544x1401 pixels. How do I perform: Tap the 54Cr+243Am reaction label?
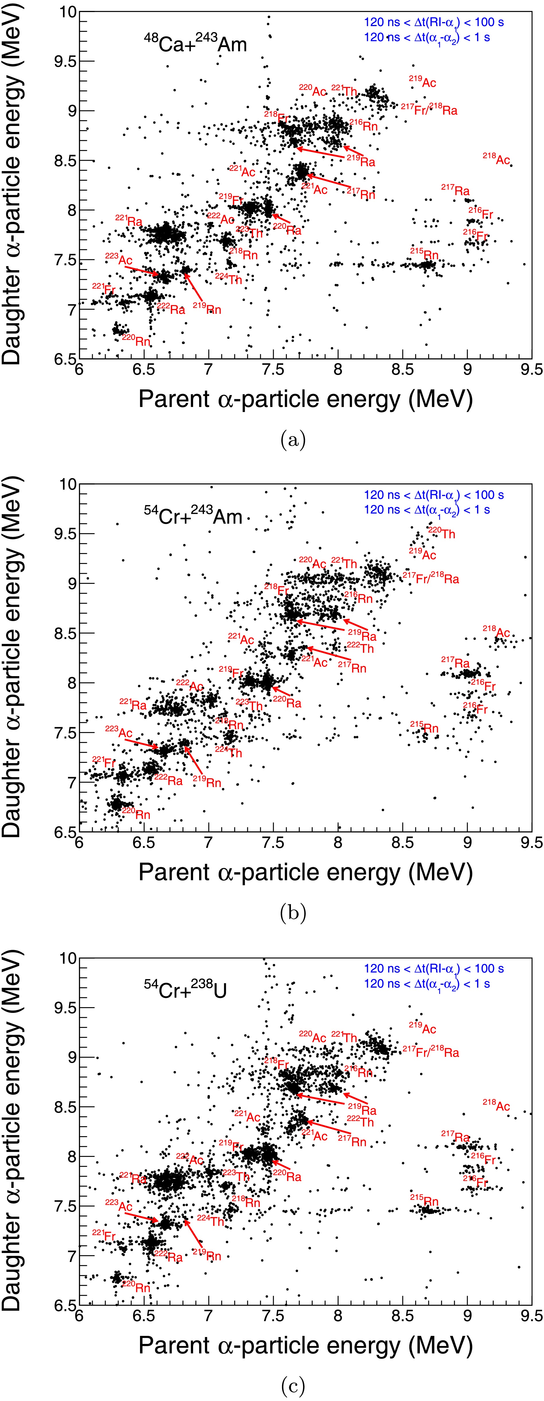(193, 515)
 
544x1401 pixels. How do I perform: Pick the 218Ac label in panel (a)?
(496, 159)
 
